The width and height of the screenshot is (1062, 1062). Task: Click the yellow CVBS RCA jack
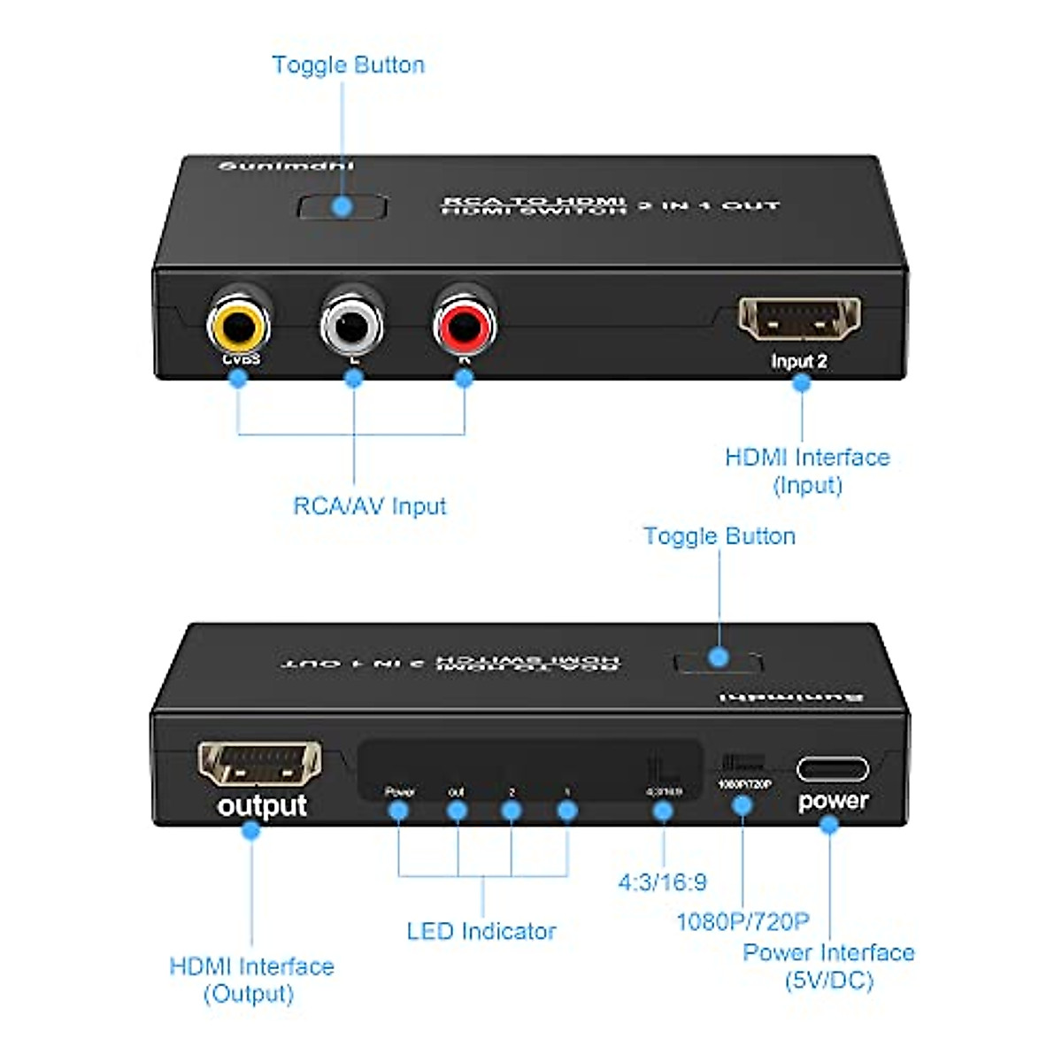[239, 325]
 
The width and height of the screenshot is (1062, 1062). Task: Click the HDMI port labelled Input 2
[799, 319]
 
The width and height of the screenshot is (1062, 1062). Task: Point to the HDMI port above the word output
[258, 763]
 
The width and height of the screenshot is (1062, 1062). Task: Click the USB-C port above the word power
[832, 768]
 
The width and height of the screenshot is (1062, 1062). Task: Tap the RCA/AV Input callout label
[370, 506]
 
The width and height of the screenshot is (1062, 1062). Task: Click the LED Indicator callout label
[481, 931]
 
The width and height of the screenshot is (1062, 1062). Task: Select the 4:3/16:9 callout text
[662, 881]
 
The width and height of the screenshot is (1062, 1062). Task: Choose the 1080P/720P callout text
[743, 921]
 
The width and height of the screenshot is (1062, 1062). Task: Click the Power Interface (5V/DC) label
[828, 966]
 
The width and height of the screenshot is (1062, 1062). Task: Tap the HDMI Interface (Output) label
[251, 979]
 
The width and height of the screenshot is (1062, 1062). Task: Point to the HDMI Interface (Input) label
[807, 471]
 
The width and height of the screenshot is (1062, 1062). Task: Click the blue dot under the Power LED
[399, 810]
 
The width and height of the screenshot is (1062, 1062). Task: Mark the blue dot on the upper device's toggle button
[342, 207]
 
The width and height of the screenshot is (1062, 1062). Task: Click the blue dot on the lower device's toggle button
[719, 657]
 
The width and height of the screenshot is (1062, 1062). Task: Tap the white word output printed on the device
[262, 806]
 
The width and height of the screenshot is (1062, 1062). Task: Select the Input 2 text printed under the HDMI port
[798, 361]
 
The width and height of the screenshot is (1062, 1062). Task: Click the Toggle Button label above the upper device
[348, 65]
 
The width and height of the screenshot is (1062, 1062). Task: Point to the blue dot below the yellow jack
[237, 378]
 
